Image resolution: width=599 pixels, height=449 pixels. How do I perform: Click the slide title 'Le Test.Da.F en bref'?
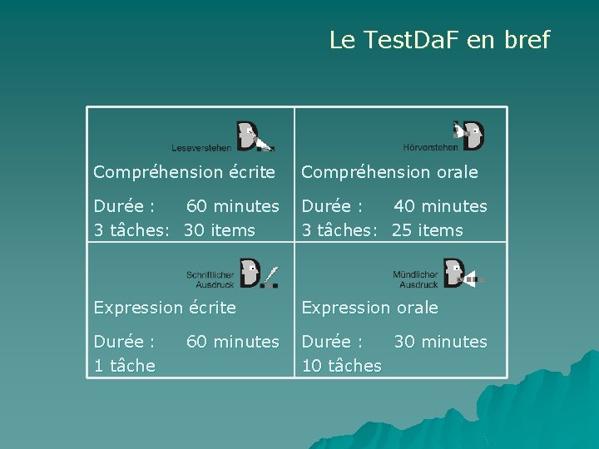click(439, 40)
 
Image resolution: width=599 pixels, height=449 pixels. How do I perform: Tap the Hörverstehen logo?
click(443, 136)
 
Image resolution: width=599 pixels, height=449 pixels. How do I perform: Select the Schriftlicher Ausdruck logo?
click(232, 274)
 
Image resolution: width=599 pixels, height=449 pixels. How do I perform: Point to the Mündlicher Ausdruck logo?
click(438, 274)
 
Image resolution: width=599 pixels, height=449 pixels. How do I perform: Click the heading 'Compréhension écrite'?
click(184, 172)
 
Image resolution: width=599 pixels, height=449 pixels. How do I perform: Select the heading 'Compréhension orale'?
click(389, 172)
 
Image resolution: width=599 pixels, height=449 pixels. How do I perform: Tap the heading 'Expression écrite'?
click(165, 308)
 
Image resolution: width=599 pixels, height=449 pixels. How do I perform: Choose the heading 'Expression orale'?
click(369, 308)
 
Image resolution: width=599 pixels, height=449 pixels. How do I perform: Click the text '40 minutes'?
click(440, 206)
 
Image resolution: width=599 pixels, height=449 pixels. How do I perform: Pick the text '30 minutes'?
click(440, 342)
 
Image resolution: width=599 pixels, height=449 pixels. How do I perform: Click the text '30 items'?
click(220, 230)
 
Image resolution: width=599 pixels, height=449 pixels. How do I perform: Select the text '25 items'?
click(428, 230)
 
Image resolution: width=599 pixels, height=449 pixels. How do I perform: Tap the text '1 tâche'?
click(124, 366)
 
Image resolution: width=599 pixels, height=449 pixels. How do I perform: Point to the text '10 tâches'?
click(341, 366)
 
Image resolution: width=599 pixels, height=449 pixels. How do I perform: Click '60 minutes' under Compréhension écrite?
click(232, 206)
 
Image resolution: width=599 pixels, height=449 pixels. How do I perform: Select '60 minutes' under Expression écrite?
click(232, 342)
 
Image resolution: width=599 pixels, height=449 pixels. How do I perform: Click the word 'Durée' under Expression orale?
click(327, 342)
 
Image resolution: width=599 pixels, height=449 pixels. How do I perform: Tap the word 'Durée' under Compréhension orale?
click(327, 206)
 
